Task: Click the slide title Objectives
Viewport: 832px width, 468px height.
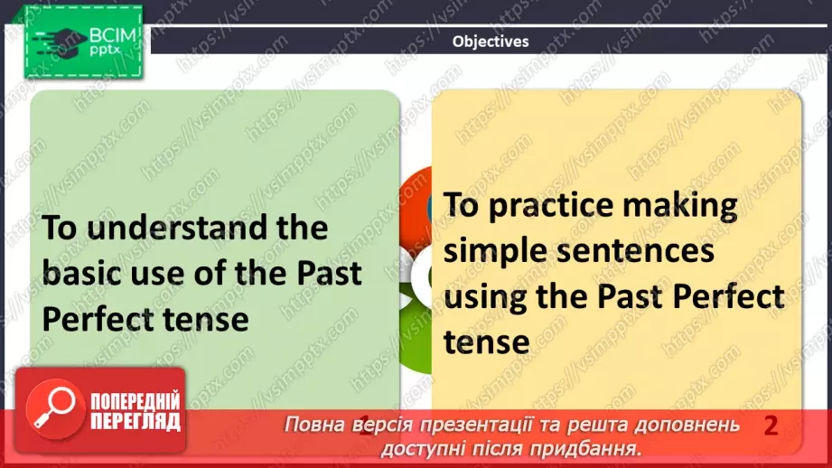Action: tap(491, 41)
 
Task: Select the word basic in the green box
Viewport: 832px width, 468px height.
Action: tap(87, 273)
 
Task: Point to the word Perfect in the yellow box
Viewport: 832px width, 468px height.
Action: tap(726, 296)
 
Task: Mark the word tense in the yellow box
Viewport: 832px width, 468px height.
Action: tap(486, 342)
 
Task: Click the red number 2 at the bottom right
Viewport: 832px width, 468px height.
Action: tap(770, 426)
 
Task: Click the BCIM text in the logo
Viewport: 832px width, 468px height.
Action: tap(112, 37)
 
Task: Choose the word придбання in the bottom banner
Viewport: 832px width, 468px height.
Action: tap(597, 448)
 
